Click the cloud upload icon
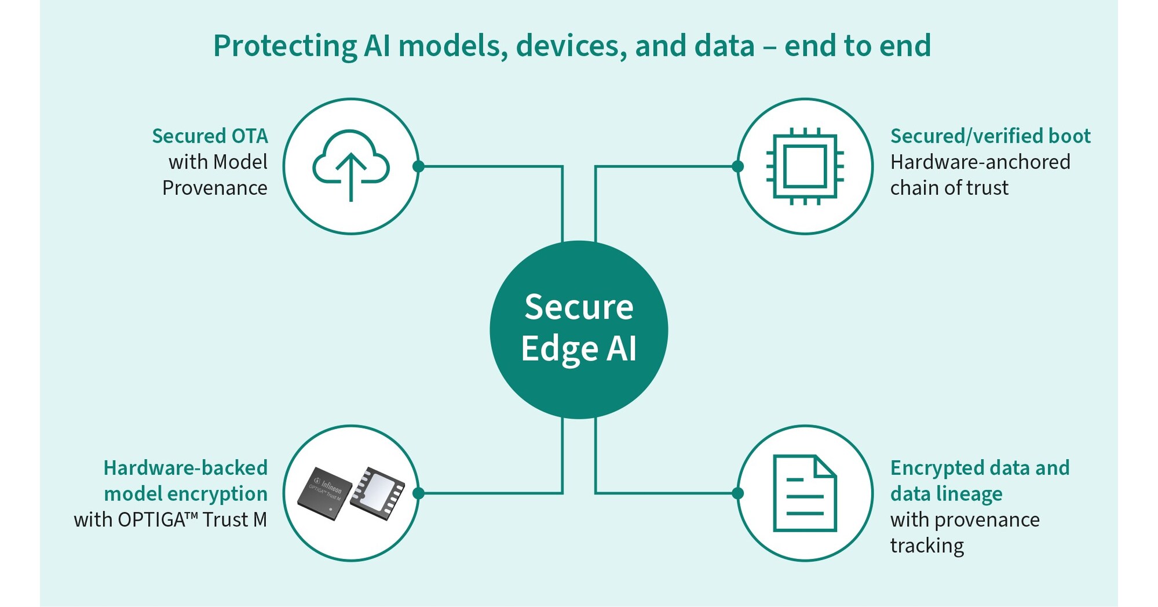tap(351, 165)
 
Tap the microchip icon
tap(805, 166)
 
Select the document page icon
tap(805, 493)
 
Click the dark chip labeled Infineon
tap(324, 493)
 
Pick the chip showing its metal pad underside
tap(378, 492)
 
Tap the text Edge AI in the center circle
tap(579, 349)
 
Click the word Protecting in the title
tap(285, 46)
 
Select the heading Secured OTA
tap(210, 136)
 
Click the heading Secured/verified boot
tap(991, 136)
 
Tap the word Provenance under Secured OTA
tap(214, 188)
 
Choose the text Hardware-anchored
tap(980, 162)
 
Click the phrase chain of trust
tap(949, 188)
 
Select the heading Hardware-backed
tap(185, 467)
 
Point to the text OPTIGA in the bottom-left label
tap(151, 519)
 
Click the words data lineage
tap(947, 494)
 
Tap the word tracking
tap(927, 546)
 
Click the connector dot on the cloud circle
tap(418, 166)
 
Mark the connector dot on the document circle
tap(737, 493)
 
